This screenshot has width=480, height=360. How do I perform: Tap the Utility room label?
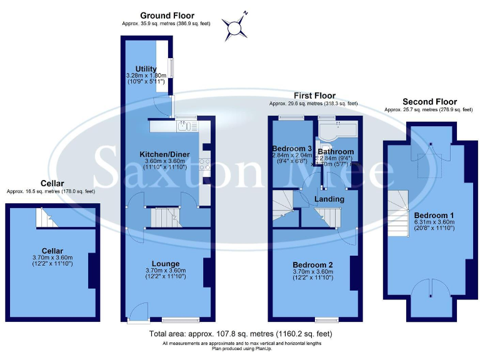146,69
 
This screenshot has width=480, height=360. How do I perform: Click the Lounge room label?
166,263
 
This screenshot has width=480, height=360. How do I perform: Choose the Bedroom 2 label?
312,265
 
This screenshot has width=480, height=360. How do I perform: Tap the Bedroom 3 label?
291,148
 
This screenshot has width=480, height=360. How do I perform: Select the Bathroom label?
336,151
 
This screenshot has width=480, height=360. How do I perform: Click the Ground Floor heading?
167,16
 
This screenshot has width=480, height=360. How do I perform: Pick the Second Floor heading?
429,101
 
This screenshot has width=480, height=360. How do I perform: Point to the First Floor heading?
314,96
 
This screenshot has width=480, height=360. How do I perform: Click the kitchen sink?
184,126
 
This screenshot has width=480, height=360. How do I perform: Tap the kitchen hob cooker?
204,164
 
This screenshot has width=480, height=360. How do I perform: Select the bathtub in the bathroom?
337,131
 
